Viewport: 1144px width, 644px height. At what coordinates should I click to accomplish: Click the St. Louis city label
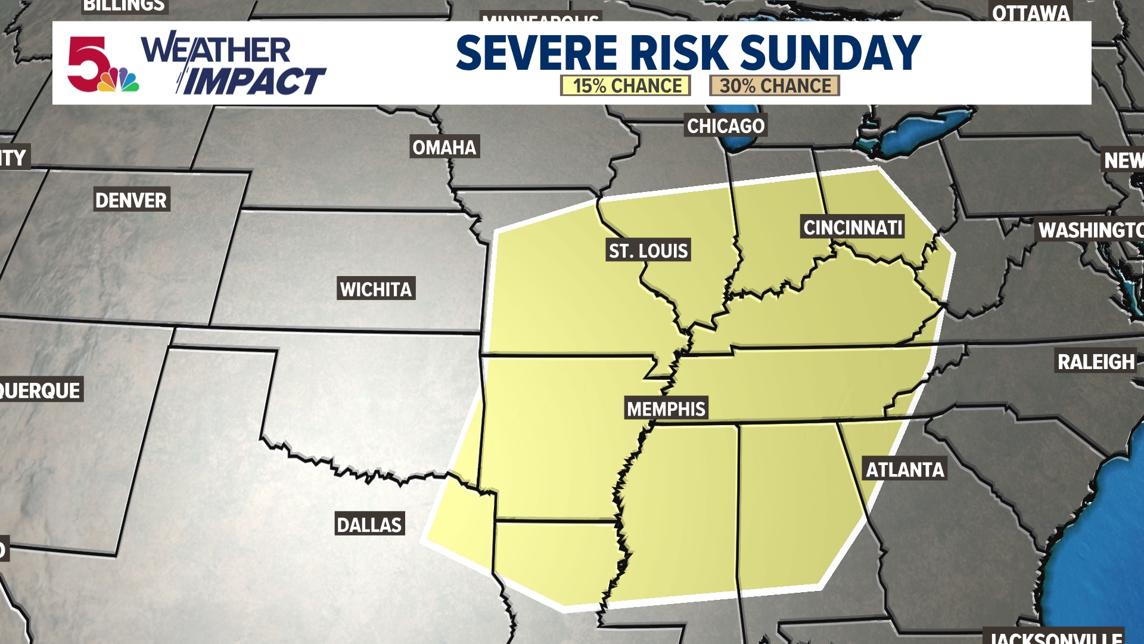click(x=648, y=250)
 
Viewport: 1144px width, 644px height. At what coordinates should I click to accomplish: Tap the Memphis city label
click(x=666, y=409)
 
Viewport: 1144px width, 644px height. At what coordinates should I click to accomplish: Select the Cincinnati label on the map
click(x=853, y=227)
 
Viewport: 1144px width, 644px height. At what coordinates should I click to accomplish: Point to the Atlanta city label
click(x=904, y=470)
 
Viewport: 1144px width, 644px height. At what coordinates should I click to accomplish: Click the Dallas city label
click(x=369, y=525)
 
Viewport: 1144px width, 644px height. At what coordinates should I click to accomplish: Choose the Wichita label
click(x=376, y=289)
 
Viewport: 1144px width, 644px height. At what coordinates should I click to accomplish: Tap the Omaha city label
click(x=444, y=147)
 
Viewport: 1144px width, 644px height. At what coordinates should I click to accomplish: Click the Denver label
click(x=131, y=200)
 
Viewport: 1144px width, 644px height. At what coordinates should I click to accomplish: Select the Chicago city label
click(x=726, y=126)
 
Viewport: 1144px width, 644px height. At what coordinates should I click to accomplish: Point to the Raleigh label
click(x=1096, y=362)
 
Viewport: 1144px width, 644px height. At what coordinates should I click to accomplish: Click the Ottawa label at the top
click(x=1031, y=13)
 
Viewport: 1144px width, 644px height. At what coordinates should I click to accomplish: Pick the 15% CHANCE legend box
click(x=626, y=86)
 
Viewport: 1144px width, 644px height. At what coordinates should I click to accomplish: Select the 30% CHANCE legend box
click(x=774, y=86)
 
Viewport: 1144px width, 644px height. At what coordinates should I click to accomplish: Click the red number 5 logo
click(x=88, y=63)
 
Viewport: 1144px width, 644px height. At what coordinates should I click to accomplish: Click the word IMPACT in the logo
click(x=253, y=81)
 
